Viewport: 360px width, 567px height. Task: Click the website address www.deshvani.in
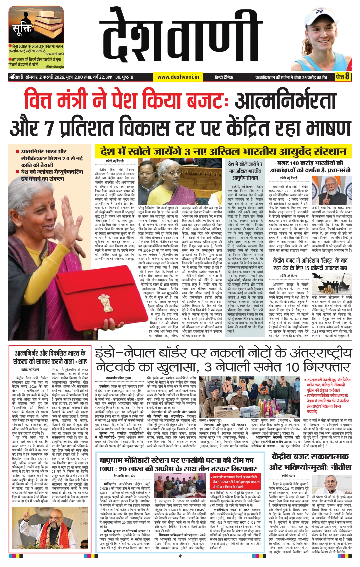pos(178,77)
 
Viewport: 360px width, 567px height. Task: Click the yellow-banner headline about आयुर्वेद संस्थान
pos(223,151)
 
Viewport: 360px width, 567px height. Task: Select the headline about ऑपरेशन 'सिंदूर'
pos(310,264)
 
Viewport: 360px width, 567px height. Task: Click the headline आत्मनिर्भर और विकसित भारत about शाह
pos(50,357)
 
